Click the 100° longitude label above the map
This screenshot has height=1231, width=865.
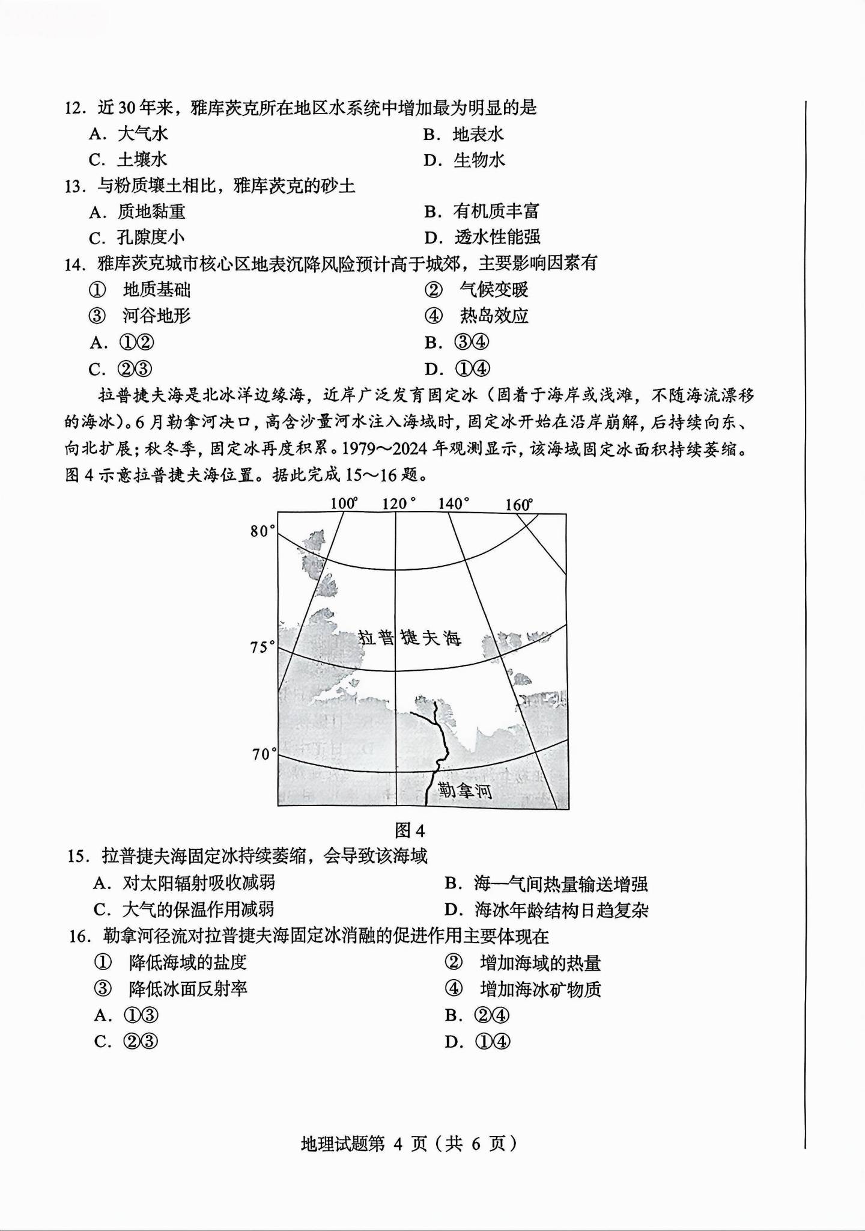tap(344, 503)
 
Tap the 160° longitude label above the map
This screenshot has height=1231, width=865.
tap(519, 504)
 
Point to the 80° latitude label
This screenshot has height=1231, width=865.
tap(263, 531)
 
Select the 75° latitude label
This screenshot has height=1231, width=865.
tap(263, 647)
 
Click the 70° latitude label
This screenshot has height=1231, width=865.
tap(264, 754)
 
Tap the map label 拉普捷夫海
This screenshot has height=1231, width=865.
tap(410, 638)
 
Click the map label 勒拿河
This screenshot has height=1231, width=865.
tap(465, 790)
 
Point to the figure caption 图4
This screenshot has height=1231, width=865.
tap(410, 831)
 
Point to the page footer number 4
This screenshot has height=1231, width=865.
tap(398, 1143)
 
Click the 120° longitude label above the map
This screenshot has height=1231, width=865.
tap(399, 503)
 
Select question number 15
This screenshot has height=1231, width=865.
tap(78, 856)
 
